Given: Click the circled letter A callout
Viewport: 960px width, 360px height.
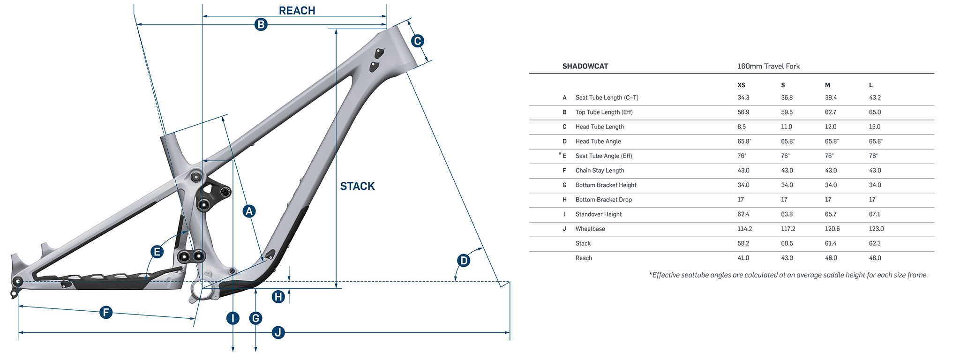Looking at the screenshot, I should (x=249, y=211).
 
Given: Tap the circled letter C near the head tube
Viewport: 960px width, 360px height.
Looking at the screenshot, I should (x=417, y=41).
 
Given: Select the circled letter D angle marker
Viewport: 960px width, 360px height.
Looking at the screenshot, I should (x=463, y=260).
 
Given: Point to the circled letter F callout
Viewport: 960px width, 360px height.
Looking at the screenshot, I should (x=106, y=312).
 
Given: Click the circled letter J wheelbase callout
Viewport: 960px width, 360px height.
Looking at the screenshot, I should (x=278, y=332).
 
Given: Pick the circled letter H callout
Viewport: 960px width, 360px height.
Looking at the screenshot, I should (x=278, y=296).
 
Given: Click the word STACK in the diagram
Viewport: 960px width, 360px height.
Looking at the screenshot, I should (x=357, y=186).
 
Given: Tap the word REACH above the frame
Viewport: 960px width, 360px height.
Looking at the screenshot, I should (x=297, y=10).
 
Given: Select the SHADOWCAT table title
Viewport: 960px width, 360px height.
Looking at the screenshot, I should (x=585, y=66).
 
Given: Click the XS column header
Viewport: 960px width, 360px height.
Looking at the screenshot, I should (x=741, y=85).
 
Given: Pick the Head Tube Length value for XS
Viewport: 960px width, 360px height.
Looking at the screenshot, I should (x=741, y=127).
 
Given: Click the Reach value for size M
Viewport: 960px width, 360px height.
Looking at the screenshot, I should (x=831, y=258).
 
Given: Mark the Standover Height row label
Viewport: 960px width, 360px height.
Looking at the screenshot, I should (x=599, y=214).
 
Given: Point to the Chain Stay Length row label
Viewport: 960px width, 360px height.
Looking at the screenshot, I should (x=600, y=171).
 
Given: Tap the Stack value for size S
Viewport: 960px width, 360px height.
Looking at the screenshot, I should (x=787, y=243).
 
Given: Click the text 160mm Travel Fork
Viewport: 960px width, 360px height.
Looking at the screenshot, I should (x=768, y=66).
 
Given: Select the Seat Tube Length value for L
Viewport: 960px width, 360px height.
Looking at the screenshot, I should (x=875, y=97).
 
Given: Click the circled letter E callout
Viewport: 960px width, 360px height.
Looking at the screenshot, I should (x=157, y=252).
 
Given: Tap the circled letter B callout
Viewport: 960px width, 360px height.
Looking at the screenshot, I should (x=261, y=24).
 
